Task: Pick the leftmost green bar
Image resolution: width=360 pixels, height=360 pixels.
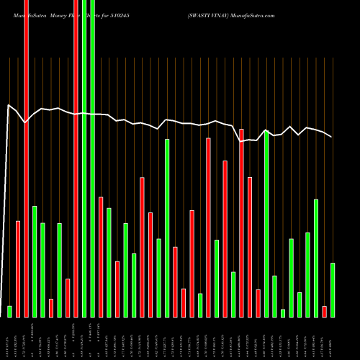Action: click(x=9, y=311)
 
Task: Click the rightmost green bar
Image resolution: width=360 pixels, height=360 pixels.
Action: click(x=333, y=289)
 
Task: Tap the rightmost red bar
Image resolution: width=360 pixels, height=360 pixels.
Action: click(x=325, y=311)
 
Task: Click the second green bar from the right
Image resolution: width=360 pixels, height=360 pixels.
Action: click(x=316, y=258)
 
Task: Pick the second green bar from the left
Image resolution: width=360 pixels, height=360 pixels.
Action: click(x=35, y=261)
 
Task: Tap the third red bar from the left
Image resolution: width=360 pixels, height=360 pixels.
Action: click(x=51, y=307)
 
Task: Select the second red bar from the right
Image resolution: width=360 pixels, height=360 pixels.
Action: click(x=258, y=303)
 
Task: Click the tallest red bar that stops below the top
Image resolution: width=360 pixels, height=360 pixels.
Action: click(x=241, y=223)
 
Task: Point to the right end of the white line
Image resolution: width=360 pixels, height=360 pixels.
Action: click(x=332, y=137)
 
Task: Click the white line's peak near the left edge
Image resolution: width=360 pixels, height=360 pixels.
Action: click(x=9, y=106)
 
